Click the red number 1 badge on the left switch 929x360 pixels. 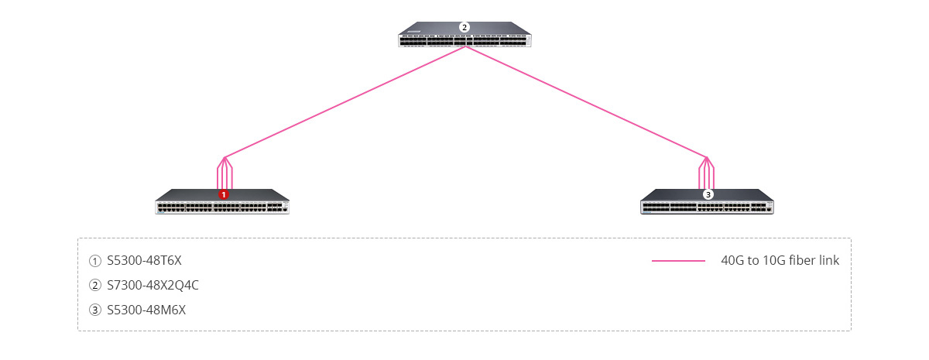click(224, 194)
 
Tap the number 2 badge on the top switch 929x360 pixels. click(464, 27)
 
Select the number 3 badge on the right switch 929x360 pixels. click(708, 194)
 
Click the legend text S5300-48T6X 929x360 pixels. click(144, 260)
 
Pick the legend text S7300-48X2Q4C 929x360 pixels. click(153, 286)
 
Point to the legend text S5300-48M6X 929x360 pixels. click(146, 310)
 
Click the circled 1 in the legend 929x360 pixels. click(95, 261)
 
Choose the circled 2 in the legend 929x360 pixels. click(95, 286)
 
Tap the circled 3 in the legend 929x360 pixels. click(95, 310)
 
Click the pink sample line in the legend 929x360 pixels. click(678, 261)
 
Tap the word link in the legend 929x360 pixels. click(829, 260)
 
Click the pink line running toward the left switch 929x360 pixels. click(345, 102)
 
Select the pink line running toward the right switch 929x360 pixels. click(585, 102)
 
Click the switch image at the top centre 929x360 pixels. click(464, 34)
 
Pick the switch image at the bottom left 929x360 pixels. click(222, 201)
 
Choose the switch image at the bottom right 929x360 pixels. click(707, 201)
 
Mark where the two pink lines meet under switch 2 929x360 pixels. click(465, 46)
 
